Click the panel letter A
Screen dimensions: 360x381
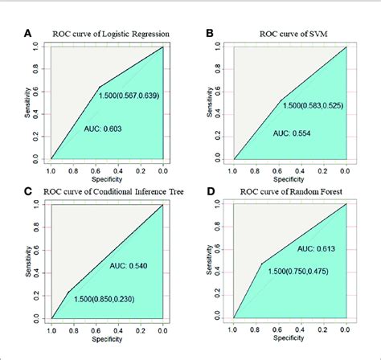29,34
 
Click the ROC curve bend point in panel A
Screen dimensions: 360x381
100,87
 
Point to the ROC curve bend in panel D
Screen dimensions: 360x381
261,263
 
